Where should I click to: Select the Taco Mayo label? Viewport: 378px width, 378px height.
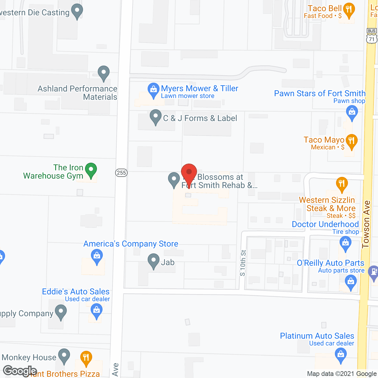[324, 140]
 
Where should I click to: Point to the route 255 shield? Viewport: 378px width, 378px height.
[121, 173]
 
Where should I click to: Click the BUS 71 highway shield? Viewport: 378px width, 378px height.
[372, 36]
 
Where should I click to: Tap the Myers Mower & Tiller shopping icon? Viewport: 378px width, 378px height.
[153, 89]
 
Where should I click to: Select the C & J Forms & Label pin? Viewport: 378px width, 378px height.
[155, 117]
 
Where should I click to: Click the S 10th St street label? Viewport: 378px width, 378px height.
[243, 263]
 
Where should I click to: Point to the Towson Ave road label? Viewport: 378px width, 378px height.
[366, 224]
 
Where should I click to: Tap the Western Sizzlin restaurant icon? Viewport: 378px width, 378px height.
[342, 183]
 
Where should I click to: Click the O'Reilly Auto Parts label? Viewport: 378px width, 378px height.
[330, 263]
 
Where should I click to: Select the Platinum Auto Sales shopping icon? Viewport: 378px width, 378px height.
[341, 354]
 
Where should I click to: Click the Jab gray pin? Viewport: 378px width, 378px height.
[153, 261]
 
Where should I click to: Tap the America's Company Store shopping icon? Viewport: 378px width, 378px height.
[97, 256]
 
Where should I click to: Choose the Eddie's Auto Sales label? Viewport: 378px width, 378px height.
[76, 291]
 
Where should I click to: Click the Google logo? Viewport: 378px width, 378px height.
[20, 371]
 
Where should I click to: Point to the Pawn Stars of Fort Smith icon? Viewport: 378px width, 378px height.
[352, 113]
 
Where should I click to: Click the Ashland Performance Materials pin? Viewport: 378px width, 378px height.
[104, 72]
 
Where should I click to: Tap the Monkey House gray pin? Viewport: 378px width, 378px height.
[64, 356]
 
